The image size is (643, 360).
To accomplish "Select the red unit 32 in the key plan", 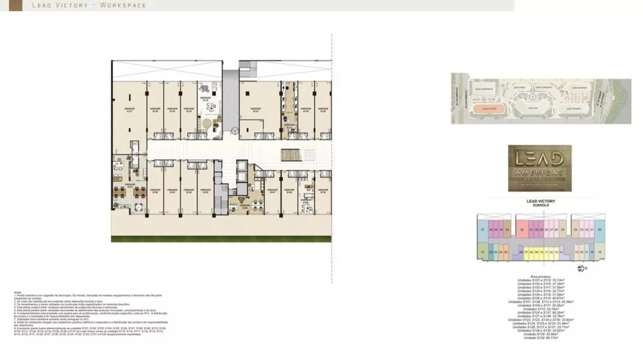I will coord(522,229).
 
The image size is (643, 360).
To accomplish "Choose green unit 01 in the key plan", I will coord(482,252).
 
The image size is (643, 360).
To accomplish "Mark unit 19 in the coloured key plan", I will coord(599,252).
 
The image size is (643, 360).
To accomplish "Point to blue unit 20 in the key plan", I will coord(599,229).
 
